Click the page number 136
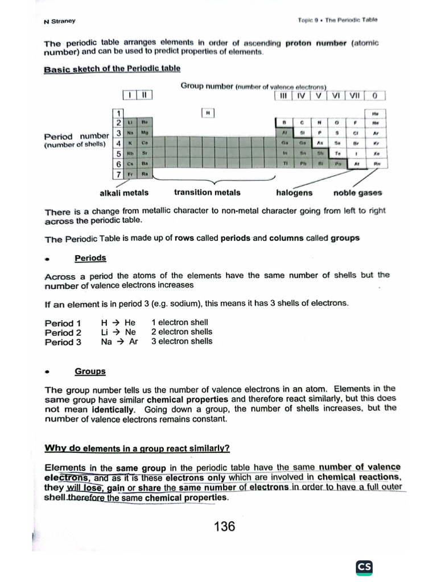point(224,526)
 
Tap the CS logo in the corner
point(364,567)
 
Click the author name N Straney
point(60,22)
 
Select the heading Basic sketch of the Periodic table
point(112,69)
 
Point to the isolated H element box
point(208,113)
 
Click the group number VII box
point(353,95)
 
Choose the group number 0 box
point(376,95)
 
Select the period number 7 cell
point(119,174)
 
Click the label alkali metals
point(124,193)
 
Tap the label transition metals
point(207,192)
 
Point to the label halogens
point(294,193)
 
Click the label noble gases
point(357,193)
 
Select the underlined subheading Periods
point(90,258)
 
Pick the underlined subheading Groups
point(90,371)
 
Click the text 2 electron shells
point(182,332)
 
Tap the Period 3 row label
point(63,342)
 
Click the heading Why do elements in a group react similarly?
point(137,448)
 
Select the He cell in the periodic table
point(375,113)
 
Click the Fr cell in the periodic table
point(131,174)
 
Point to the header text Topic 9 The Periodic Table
point(337,20)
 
